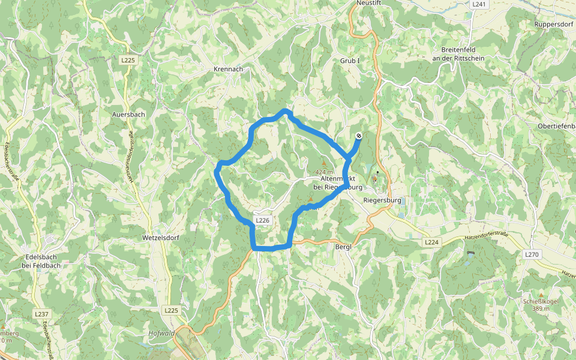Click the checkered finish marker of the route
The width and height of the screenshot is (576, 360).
click(x=358, y=136)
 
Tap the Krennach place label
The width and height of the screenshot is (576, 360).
click(x=228, y=69)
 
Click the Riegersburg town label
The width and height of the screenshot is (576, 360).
click(x=382, y=200)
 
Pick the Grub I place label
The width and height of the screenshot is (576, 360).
click(x=349, y=61)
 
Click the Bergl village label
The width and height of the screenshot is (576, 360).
click(x=343, y=247)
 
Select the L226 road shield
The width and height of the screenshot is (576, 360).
click(x=263, y=221)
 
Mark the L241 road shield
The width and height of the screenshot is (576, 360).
click(x=479, y=4)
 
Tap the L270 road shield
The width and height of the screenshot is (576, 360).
click(x=532, y=254)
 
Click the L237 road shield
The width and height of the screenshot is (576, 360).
click(x=41, y=314)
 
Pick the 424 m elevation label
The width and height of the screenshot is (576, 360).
click(x=324, y=172)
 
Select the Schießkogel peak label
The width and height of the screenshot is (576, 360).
click(x=541, y=302)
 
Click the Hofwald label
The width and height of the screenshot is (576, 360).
click(x=161, y=334)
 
